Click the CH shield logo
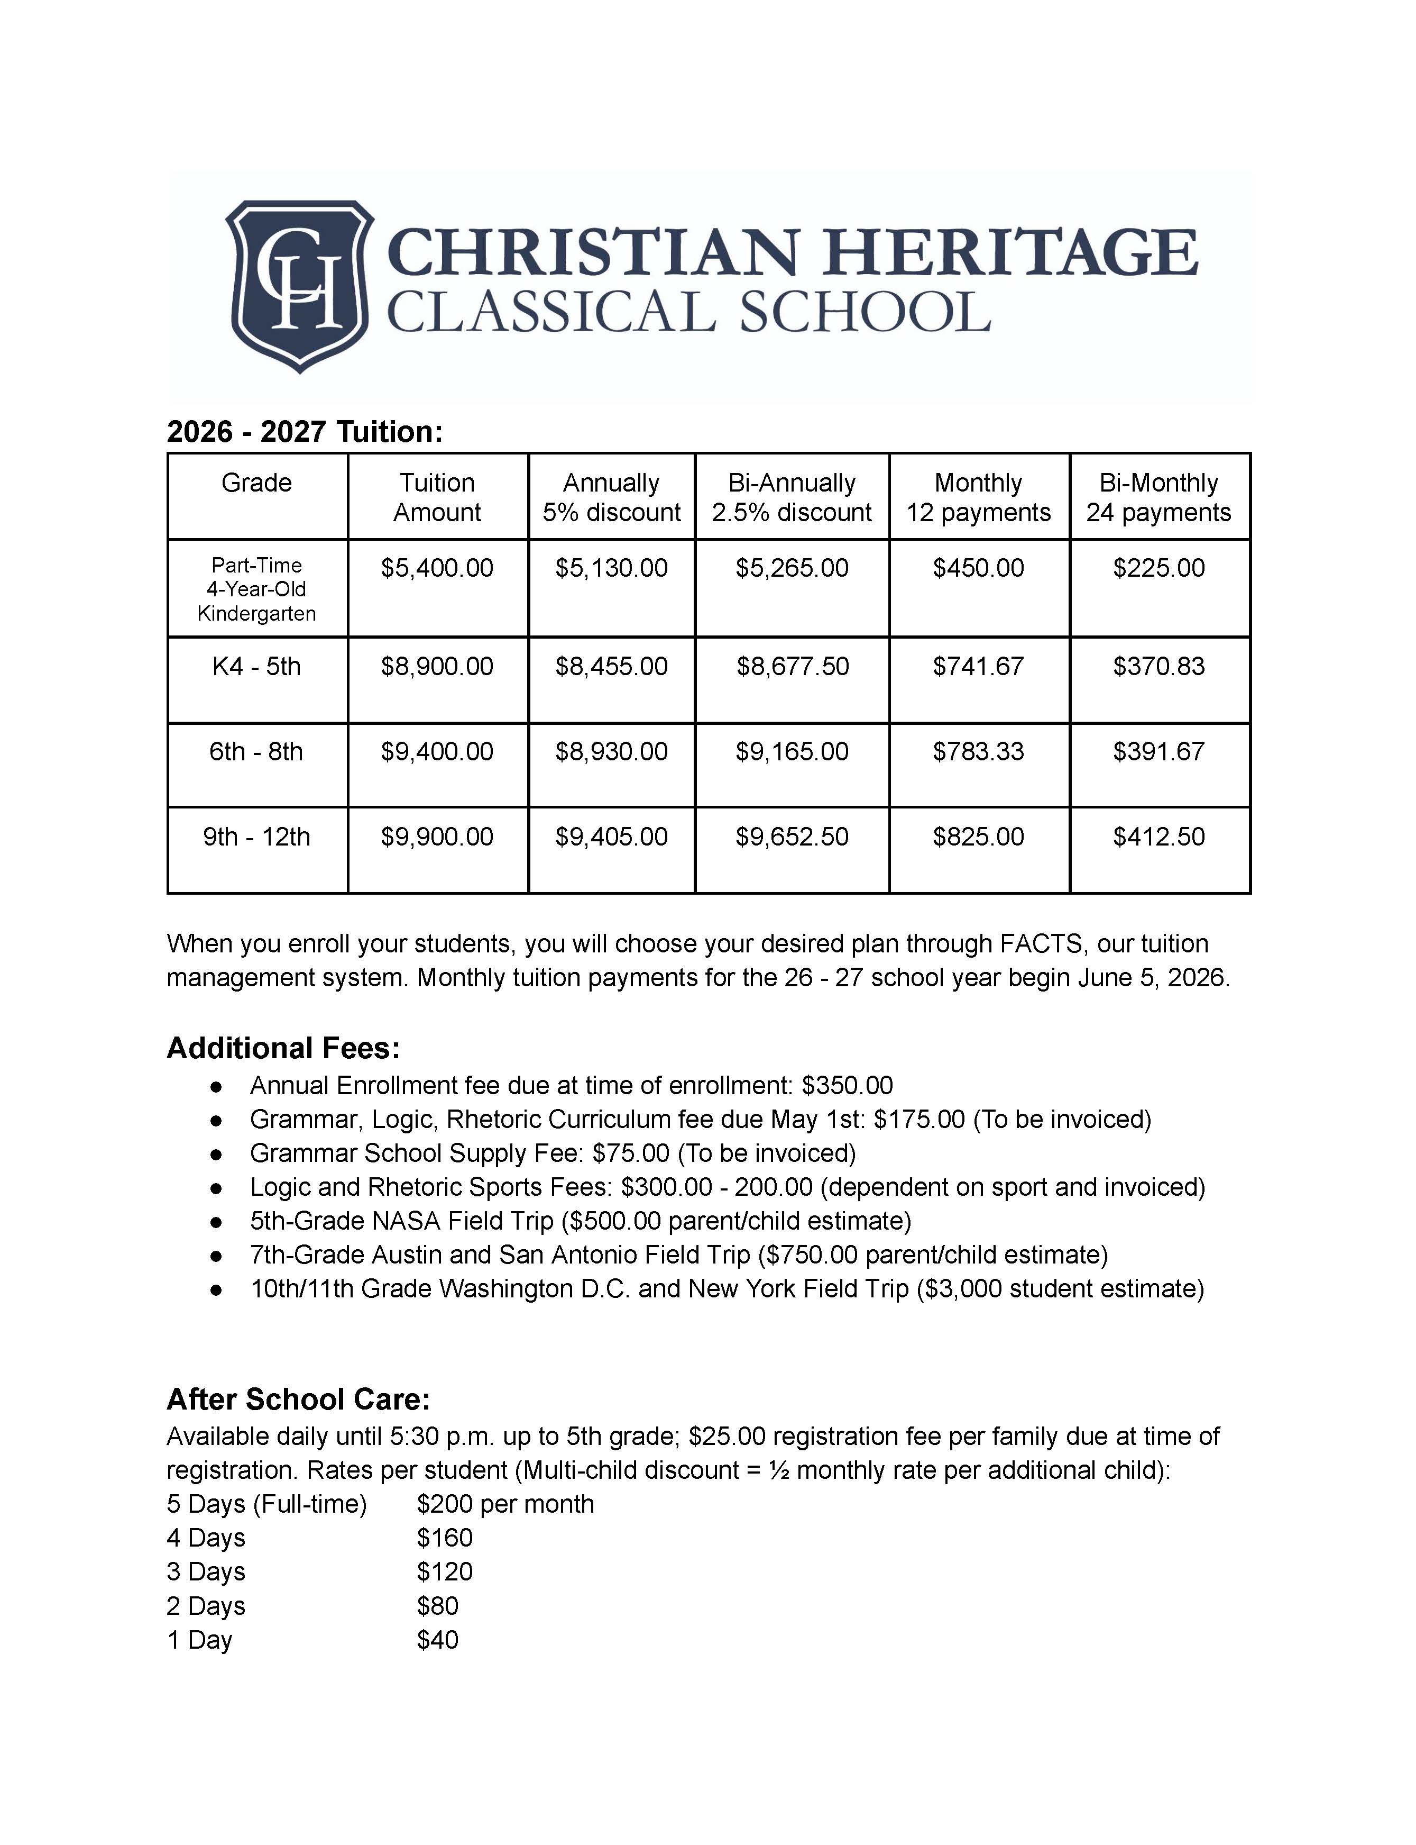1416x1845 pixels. [299, 285]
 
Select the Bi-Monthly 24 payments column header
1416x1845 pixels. [1159, 497]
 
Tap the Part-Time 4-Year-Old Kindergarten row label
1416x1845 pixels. [256, 589]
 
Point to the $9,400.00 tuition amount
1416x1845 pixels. [437, 751]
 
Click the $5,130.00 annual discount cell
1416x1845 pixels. [611, 568]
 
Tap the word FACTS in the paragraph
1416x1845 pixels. [1043, 943]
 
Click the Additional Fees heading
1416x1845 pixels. [283, 1048]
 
